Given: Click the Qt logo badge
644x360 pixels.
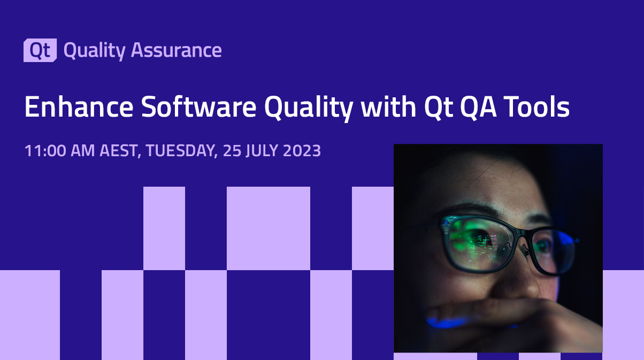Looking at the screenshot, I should tap(40, 50).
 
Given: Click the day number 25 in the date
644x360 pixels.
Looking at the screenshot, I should tap(232, 151).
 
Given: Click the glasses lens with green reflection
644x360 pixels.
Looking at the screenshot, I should tap(476, 241).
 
